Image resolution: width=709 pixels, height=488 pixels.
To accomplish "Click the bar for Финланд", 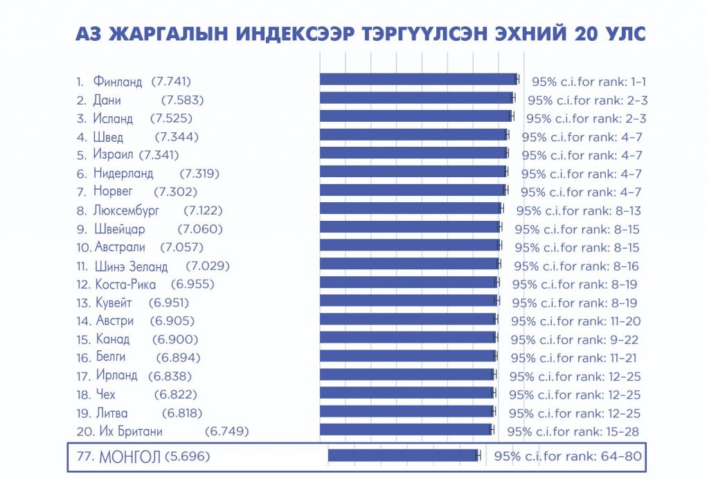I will (418, 80).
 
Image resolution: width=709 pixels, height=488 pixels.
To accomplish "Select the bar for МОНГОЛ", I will (402, 455).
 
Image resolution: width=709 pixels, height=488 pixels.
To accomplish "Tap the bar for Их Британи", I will (406, 430).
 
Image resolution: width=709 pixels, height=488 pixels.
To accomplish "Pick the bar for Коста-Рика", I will (409, 282).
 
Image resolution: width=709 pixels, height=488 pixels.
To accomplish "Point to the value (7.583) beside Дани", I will (182, 100).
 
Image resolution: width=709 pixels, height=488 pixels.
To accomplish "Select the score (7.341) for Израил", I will (159, 155).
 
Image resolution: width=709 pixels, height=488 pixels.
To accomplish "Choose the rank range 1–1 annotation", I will (635, 82).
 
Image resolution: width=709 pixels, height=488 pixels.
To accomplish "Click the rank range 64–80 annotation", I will (622, 457).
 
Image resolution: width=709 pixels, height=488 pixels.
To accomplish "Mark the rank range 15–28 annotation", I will (622, 432).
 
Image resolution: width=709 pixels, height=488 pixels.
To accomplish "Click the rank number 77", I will (86, 457).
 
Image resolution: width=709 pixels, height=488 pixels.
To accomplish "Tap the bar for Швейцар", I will (410, 227).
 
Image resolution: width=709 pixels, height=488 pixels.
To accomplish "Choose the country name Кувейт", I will (113, 302).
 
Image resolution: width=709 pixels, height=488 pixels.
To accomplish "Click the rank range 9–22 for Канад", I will (622, 340).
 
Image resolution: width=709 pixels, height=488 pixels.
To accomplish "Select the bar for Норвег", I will (413, 190).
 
